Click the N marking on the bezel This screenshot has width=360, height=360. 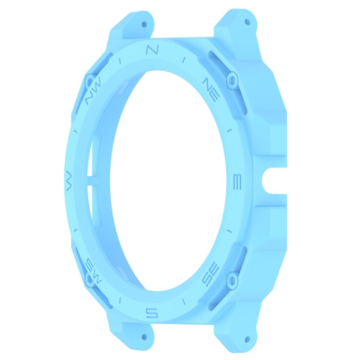coord(153,50)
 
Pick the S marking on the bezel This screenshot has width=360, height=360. coord(153,311)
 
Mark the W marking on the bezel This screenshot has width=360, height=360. coord(68,179)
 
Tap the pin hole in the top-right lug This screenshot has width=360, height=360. coord(247,22)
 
